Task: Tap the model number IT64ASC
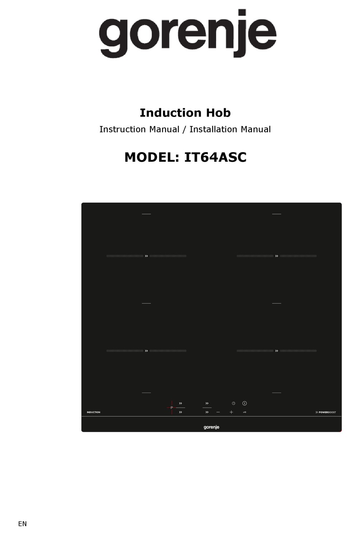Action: coord(215,157)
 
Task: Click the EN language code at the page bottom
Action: coord(22,524)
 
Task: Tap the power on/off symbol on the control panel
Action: coord(244,403)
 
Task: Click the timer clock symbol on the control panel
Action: coord(233,403)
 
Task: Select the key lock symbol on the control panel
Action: coord(244,412)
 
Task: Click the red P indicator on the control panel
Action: coord(171,408)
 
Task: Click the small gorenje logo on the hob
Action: coord(211,427)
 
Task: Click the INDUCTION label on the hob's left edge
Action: coord(93,412)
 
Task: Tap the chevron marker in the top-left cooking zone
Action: coord(146,256)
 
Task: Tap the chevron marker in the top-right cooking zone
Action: coord(277,256)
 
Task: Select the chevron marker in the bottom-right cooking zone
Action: coord(277,351)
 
